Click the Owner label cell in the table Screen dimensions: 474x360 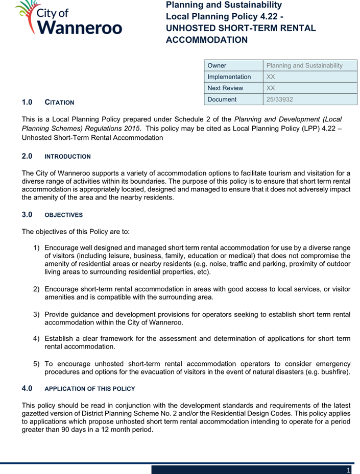217,65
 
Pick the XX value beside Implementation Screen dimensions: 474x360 271,77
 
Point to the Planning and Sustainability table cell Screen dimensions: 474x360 304,65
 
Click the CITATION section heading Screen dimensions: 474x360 60,103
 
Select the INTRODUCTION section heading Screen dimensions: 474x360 68,156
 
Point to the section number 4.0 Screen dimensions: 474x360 28,388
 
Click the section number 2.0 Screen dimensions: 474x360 28,156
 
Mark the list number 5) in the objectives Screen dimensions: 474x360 37,363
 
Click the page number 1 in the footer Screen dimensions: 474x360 348,469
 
